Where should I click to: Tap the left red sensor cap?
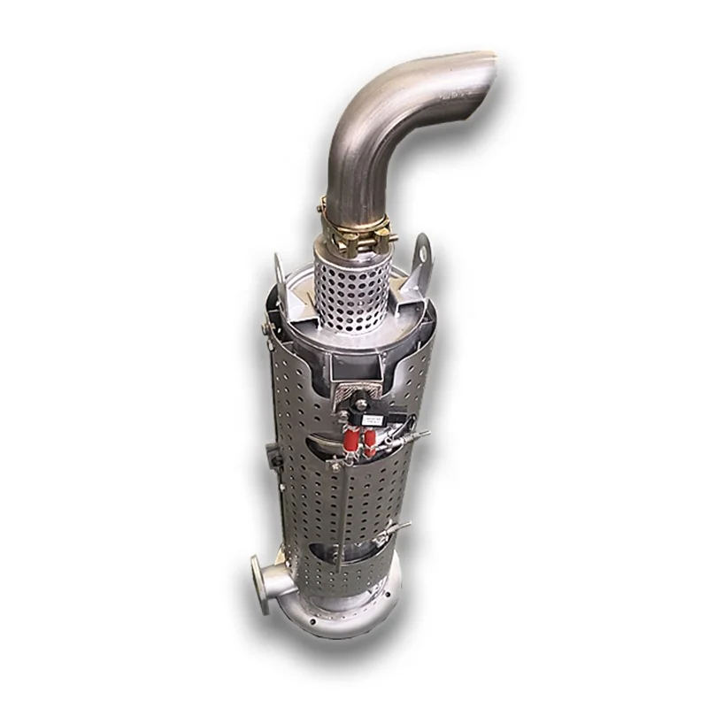click(348, 437)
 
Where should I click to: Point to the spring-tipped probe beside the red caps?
click(409, 436)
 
